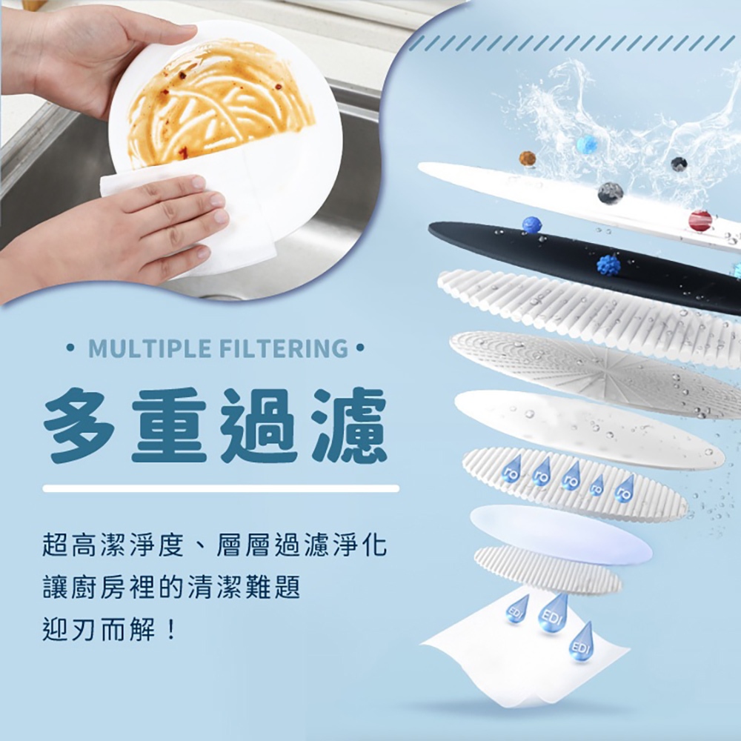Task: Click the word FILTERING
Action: click(283, 349)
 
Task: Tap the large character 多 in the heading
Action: click(79, 425)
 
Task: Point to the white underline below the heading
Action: click(221, 488)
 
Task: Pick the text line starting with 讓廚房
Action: click(172, 588)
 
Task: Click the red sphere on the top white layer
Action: click(700, 220)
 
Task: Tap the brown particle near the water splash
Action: click(527, 159)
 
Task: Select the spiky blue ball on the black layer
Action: click(608, 265)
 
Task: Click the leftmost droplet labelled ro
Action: click(511, 469)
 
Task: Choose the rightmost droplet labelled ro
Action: click(625, 488)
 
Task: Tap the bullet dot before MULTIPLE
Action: click(71, 349)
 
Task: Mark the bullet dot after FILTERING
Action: click(360, 349)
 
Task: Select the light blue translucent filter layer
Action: click(562, 534)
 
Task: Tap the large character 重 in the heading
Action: click(169, 425)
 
